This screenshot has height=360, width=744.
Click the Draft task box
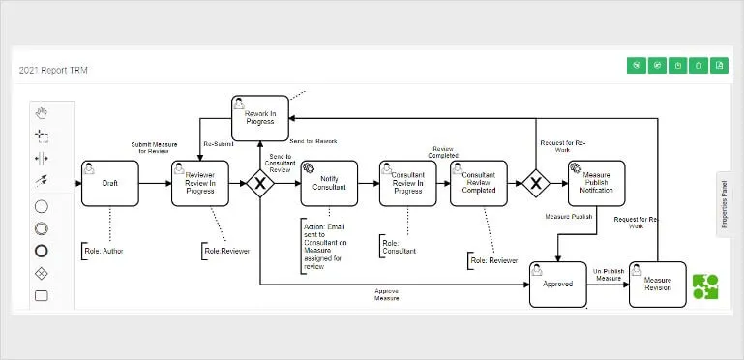click(110, 184)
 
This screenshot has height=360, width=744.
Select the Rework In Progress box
click(259, 118)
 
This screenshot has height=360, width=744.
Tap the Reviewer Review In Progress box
click(200, 184)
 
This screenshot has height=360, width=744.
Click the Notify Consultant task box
click(329, 184)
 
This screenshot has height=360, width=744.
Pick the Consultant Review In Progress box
click(407, 184)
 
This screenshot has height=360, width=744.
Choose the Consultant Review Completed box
click(478, 184)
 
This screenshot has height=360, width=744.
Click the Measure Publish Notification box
click(596, 184)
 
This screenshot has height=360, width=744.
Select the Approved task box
click(558, 285)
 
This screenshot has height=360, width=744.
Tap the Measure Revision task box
click(657, 285)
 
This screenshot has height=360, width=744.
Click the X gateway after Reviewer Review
click(260, 184)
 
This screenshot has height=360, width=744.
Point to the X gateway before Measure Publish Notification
click(537, 184)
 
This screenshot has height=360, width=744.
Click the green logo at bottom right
click(705, 287)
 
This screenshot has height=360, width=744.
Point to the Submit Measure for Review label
click(153, 148)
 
